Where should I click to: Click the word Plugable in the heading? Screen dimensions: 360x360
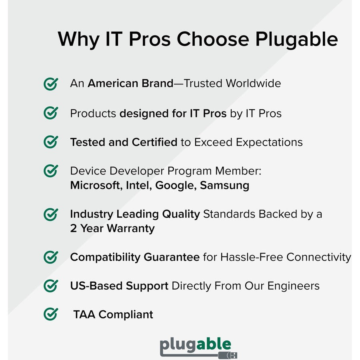pyautogui.click(x=296, y=40)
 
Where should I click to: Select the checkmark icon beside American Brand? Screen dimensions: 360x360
pyautogui.click(x=50, y=84)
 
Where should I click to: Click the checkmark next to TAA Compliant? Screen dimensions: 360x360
pyautogui.click(x=50, y=314)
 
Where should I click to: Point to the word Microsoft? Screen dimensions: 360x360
pyautogui.click(x=94, y=186)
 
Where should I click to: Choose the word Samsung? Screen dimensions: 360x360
pyautogui.click(x=224, y=186)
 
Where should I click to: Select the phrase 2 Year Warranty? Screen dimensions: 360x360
pyautogui.click(x=112, y=228)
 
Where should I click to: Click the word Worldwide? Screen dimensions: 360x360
pyautogui.click(x=253, y=84)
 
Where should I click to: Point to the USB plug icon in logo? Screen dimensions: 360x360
pyautogui.click(x=228, y=355)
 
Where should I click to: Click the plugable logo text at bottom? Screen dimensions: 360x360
pyautogui.click(x=196, y=345)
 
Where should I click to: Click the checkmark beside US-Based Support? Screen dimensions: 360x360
pyautogui.click(x=50, y=286)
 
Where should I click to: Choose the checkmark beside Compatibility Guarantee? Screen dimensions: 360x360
pyautogui.click(x=50, y=257)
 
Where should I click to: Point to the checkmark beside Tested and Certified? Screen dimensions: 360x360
pyautogui.click(x=50, y=142)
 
